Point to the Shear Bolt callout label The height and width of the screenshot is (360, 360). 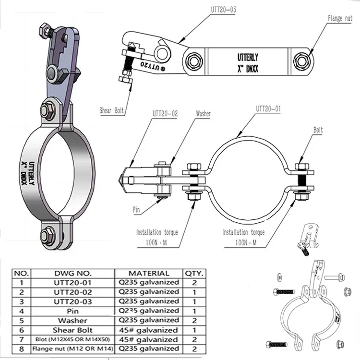[112, 110]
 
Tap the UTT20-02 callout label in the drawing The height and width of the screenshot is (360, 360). [165, 114]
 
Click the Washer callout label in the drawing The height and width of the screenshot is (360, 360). [204, 114]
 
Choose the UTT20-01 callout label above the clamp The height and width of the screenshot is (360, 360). [268, 108]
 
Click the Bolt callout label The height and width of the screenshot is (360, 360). [318, 130]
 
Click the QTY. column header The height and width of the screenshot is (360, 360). [195, 273]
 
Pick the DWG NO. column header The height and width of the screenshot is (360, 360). [72, 273]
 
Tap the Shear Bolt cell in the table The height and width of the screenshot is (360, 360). [72, 330]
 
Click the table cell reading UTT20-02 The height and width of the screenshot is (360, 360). [72, 292]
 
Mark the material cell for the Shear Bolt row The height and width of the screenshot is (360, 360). [149, 330]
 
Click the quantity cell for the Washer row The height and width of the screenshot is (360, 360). [194, 321]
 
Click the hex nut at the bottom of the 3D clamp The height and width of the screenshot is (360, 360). [48, 236]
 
